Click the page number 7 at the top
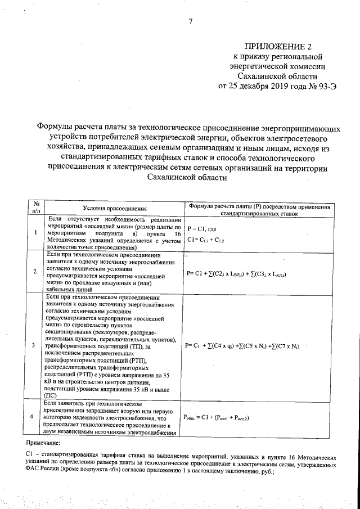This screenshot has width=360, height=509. (x=191, y=21)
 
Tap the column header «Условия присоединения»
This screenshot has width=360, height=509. (x=111, y=208)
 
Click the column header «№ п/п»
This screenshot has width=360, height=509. (x=35, y=208)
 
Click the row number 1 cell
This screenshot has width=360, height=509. (x=35, y=233)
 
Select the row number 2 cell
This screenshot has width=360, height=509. (x=35, y=272)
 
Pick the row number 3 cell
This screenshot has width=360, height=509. (x=35, y=345)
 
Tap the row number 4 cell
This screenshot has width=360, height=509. (x=35, y=417)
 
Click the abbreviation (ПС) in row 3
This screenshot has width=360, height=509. (x=50, y=395)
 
